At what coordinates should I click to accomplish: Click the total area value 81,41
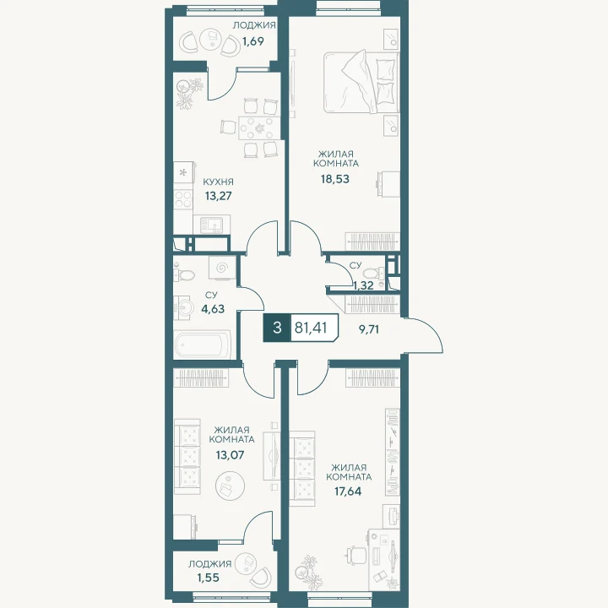311,328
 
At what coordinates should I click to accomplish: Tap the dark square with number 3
277,328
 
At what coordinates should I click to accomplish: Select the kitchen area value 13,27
219,196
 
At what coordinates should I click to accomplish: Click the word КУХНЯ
219,182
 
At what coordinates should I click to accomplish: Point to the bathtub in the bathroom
203,345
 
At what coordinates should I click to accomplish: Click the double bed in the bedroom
361,82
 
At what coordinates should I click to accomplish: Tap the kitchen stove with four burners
183,199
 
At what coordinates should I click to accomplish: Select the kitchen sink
211,225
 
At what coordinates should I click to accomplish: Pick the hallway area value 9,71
368,329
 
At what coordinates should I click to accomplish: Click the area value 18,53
334,179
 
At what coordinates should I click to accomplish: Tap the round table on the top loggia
209,39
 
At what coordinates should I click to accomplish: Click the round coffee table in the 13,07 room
230,485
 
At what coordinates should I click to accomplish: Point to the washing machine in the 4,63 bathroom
222,268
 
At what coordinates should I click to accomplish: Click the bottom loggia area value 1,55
209,578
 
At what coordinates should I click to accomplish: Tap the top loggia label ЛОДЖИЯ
254,25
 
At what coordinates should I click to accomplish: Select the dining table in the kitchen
258,128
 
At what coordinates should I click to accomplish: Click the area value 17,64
348,491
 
